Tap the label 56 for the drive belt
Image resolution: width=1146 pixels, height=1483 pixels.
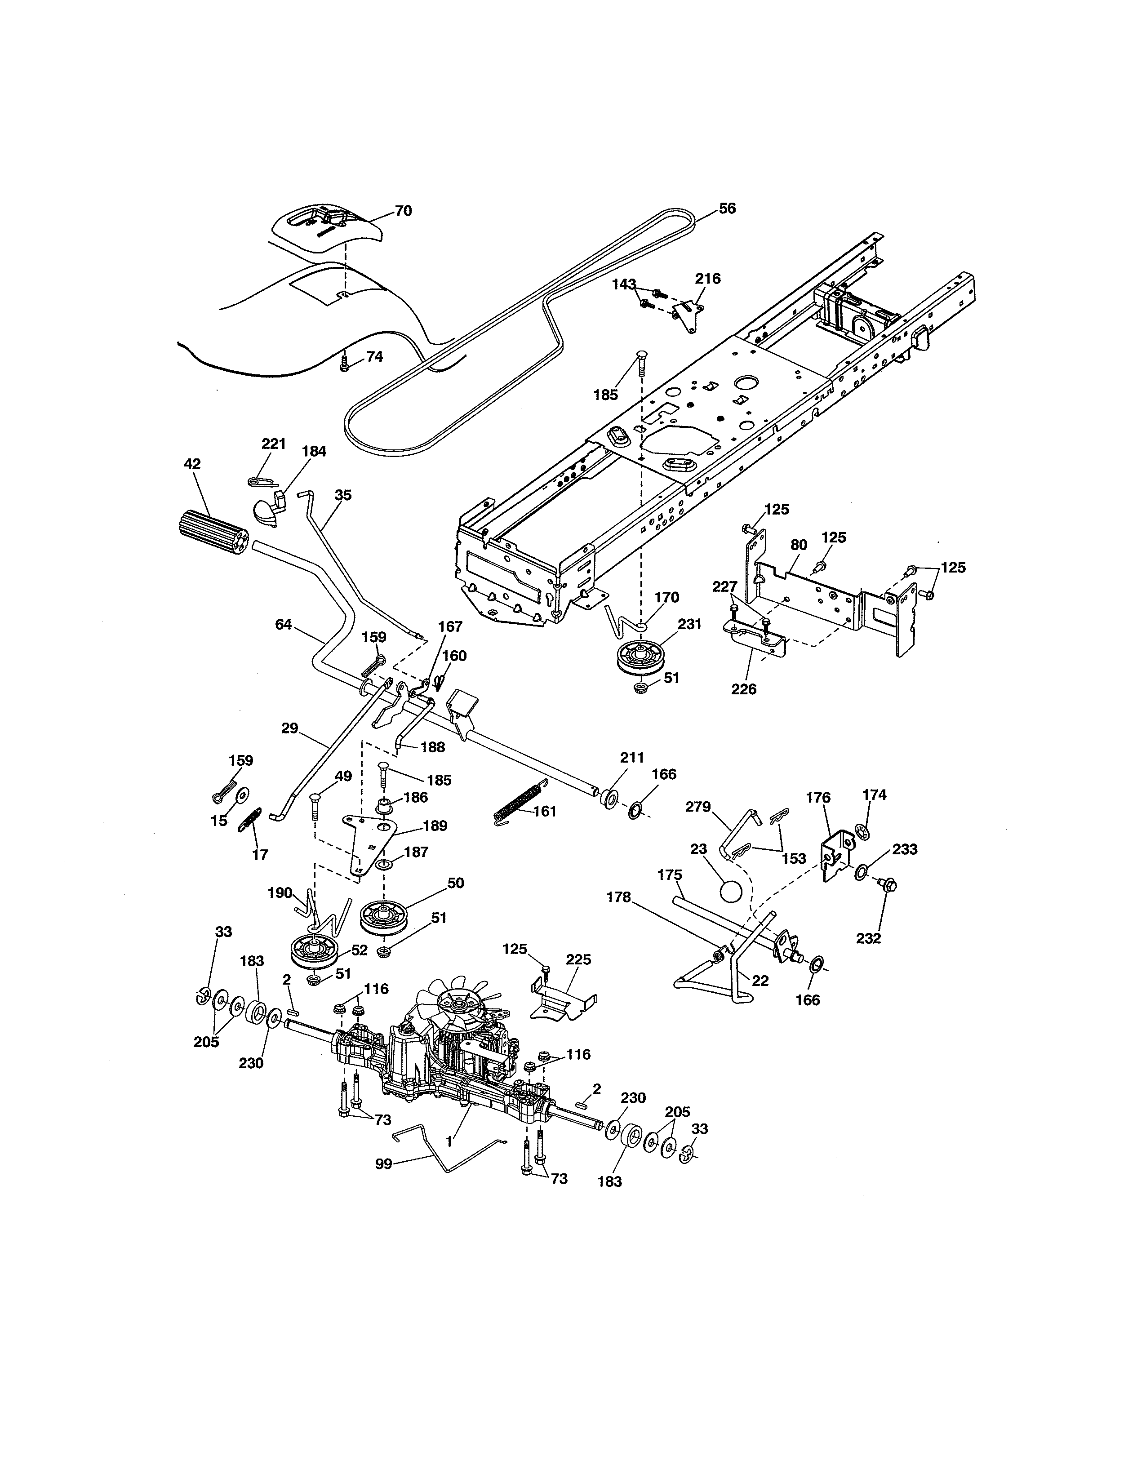tap(727, 209)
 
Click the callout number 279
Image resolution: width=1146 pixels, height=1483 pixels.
tap(698, 807)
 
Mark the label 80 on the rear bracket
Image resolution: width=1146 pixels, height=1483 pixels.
tap(799, 545)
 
